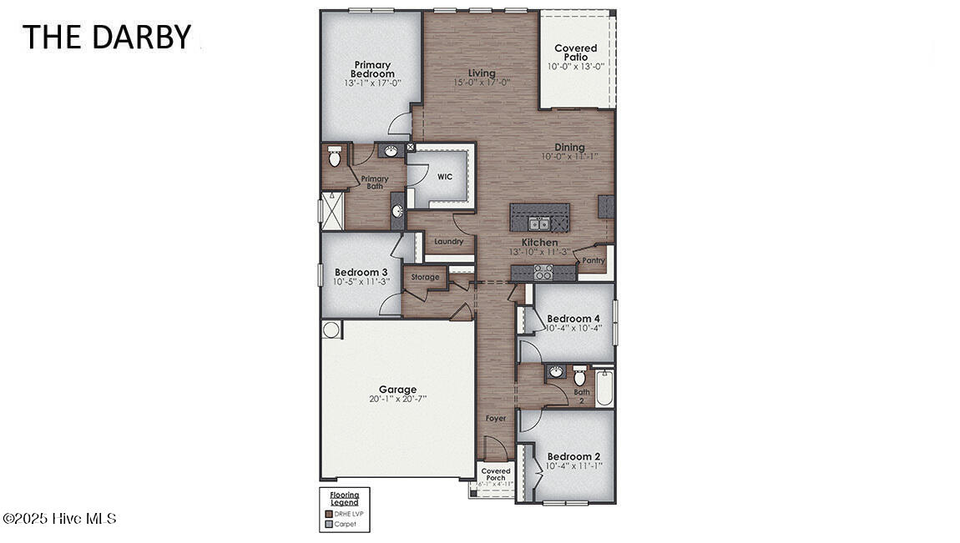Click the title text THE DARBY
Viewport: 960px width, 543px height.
106,38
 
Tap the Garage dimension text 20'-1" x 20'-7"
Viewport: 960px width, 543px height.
397,400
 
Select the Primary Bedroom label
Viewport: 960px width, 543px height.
373,69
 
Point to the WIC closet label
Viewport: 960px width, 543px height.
444,177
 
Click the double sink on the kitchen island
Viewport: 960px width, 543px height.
538,223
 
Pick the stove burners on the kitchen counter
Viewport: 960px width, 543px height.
543,271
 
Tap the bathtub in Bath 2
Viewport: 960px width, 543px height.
604,388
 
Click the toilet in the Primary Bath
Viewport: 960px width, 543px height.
335,156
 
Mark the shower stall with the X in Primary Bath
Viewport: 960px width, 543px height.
332,209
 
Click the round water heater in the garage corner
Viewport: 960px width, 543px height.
331,329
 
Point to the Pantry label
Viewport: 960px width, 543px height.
594,260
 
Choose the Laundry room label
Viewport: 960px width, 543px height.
448,242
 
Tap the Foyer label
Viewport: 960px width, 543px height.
496,418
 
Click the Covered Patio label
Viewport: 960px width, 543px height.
576,53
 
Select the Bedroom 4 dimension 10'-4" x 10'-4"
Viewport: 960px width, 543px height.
573,328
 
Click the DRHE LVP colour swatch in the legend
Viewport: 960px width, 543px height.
328,514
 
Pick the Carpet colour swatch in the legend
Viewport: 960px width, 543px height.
328,524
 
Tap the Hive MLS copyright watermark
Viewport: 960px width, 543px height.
59,519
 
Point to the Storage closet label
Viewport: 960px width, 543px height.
425,277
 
